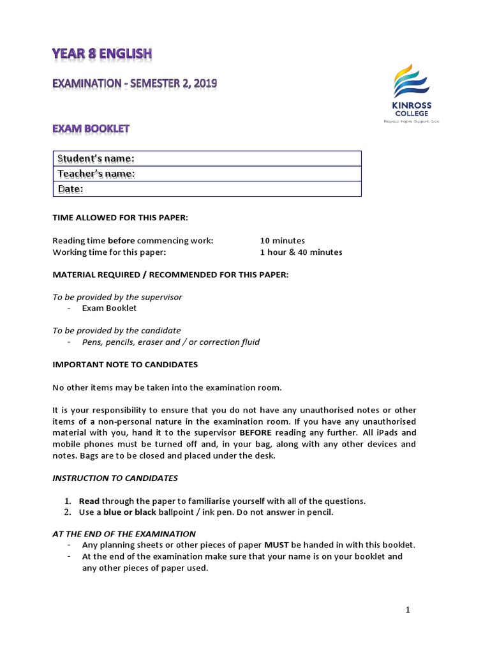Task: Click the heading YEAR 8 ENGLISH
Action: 102,54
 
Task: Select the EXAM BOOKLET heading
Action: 91,128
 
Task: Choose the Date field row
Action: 207,189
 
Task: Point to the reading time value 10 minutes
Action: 282,241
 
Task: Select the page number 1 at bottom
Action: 408,610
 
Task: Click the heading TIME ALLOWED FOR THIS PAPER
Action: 120,218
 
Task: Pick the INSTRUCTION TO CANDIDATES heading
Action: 115,478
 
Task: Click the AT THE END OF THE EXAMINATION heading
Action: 124,534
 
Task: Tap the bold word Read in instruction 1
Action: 89,501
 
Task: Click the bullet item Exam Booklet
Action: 109,308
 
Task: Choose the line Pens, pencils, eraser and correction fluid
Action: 170,342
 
